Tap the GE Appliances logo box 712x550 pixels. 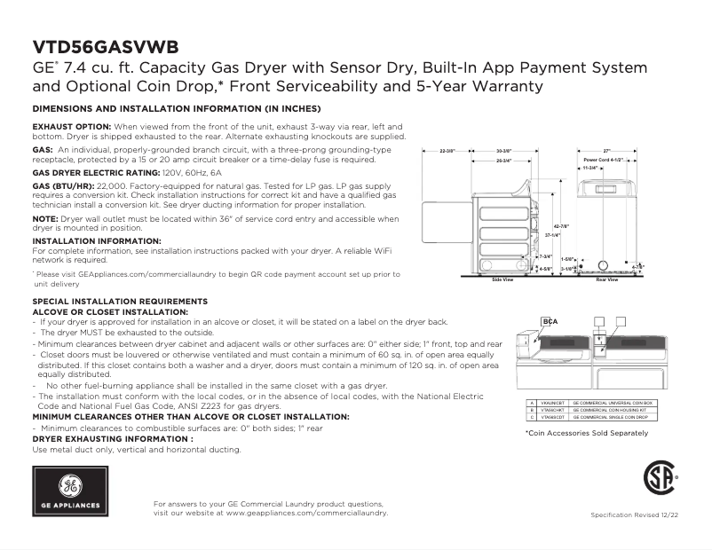[x=69, y=492]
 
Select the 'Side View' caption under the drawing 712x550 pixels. [x=502, y=280]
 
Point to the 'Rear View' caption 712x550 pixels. [x=606, y=280]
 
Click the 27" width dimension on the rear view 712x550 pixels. [x=607, y=152]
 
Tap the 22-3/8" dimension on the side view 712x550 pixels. [x=447, y=152]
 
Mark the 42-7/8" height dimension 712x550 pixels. [x=561, y=226]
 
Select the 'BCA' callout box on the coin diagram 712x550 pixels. [x=550, y=322]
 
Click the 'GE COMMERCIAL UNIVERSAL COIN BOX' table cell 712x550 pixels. [x=613, y=403]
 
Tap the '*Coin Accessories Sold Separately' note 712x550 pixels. [x=586, y=433]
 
